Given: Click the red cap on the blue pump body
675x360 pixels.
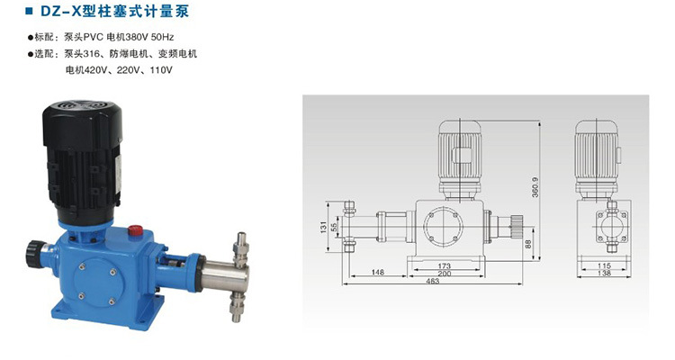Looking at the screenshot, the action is (135, 230).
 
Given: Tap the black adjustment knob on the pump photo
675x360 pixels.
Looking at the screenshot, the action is (36, 254).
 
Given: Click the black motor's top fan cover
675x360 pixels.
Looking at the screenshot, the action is (82, 108).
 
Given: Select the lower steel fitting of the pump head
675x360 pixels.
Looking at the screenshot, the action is (237, 306).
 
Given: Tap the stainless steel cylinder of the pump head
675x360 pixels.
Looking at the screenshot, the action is (224, 276).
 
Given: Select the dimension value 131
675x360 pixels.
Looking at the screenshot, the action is (324, 227).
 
